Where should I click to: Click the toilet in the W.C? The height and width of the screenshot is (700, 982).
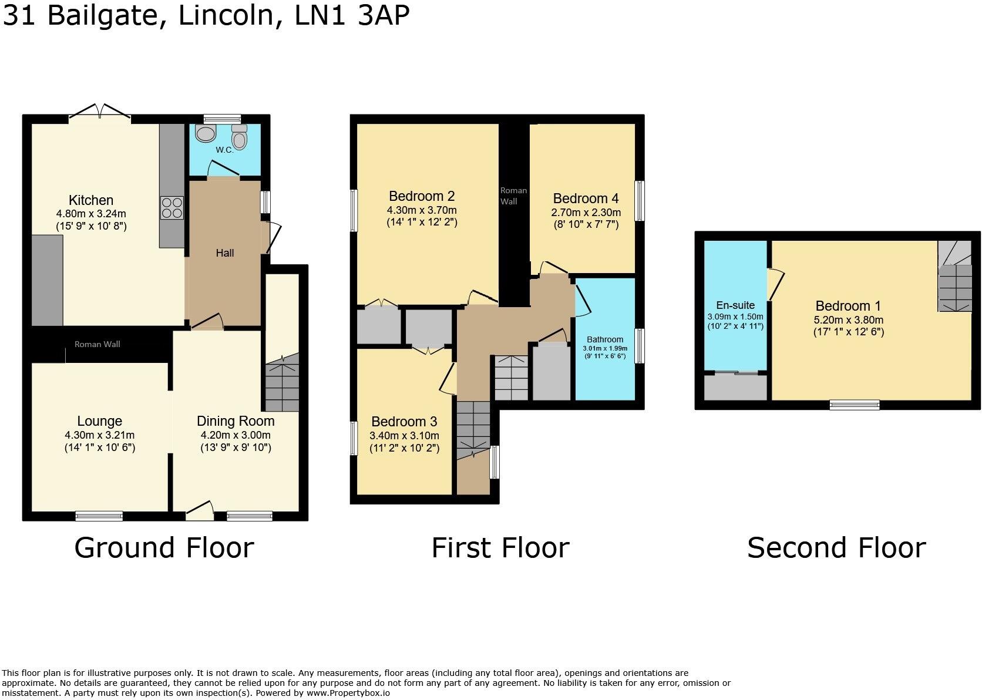(239, 138)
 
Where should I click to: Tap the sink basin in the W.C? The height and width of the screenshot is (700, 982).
(206, 134)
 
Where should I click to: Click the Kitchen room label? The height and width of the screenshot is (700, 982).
(91, 200)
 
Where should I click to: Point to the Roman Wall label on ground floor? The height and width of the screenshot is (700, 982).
(97, 344)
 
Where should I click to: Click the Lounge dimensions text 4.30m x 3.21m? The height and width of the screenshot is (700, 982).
(99, 435)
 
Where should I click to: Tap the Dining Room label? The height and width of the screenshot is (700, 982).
(236, 421)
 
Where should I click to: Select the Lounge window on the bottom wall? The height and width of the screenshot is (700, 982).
(99, 516)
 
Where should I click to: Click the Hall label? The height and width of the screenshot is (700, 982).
(224, 253)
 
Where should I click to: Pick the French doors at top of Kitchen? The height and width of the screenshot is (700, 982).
(100, 113)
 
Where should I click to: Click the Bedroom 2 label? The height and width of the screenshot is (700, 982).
(422, 196)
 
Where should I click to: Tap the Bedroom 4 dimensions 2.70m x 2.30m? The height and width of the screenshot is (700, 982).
(586, 213)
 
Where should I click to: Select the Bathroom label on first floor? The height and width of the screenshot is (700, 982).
(605, 339)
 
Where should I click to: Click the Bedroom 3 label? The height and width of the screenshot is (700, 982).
(404, 422)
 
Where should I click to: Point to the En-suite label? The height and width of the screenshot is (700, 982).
(735, 305)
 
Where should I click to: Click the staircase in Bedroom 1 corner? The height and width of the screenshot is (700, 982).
(954, 282)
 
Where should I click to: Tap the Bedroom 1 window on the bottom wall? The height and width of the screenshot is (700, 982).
(855, 405)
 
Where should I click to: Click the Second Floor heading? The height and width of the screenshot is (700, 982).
(836, 547)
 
